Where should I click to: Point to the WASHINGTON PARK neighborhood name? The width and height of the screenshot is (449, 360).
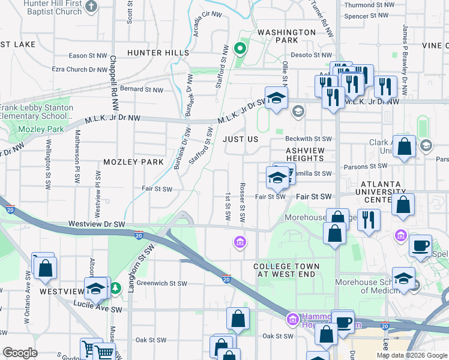click(x=286, y=36)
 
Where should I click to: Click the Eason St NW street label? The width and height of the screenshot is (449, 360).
click(x=88, y=55)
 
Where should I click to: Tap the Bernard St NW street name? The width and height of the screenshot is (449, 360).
click(x=142, y=90)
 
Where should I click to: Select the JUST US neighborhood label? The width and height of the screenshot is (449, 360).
click(x=240, y=139)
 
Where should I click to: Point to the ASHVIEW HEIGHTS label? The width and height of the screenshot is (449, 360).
click(x=304, y=154)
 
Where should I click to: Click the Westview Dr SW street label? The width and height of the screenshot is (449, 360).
click(x=96, y=224)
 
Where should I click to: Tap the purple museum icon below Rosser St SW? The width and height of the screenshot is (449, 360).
click(x=240, y=242)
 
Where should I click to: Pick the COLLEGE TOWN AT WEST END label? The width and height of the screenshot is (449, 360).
click(x=286, y=270)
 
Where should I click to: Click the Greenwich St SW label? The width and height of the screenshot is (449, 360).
click(x=162, y=283)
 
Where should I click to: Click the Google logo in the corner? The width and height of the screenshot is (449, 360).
click(x=19, y=353)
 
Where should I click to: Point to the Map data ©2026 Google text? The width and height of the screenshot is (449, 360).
click(x=412, y=355)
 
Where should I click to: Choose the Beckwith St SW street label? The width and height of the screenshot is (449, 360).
click(x=309, y=139)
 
